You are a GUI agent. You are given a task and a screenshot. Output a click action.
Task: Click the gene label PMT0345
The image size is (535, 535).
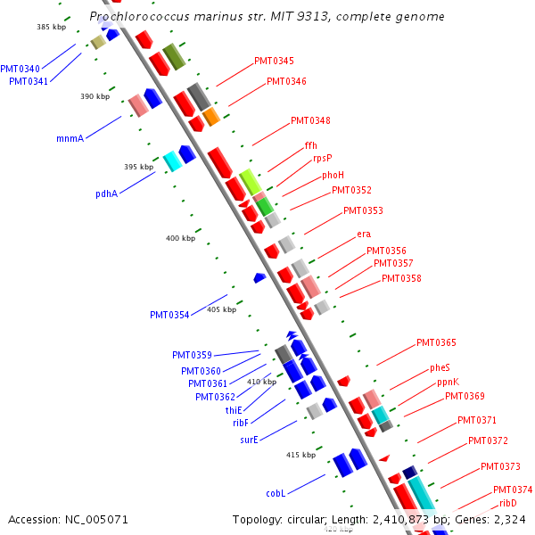tap(274, 61)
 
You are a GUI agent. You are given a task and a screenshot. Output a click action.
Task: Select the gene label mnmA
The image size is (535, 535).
tap(70, 138)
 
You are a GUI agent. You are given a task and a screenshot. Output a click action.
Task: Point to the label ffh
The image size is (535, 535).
tap(310, 145)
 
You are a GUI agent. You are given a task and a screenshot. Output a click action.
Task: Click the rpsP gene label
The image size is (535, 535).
tap(322, 159)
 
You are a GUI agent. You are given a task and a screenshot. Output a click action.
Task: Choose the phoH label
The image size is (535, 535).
tap(333, 175)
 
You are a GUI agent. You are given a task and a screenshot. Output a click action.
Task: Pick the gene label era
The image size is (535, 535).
tap(364, 234)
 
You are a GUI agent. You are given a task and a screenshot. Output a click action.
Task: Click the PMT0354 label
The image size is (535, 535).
tap(169, 315)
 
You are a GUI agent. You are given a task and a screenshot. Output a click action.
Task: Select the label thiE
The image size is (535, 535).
tap(234, 410)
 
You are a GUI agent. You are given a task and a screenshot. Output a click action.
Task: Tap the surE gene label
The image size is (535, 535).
tap(249, 440)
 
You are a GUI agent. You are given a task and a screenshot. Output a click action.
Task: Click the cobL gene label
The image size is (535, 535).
tap(276, 493)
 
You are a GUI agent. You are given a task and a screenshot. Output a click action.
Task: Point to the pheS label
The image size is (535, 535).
tap(440, 367)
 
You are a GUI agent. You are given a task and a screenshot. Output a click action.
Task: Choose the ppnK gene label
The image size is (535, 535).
tap(449, 382)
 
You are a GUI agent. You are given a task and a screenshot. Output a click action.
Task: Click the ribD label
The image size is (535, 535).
tap(508, 503)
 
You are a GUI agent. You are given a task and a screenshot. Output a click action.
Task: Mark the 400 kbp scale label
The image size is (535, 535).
tap(180, 238)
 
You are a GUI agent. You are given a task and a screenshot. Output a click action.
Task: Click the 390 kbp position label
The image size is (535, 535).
tap(95, 96)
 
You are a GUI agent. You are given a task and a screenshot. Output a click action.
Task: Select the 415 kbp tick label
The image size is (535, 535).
tap(300, 455)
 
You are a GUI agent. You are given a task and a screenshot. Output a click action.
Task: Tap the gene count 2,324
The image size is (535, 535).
tap(509, 518)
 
